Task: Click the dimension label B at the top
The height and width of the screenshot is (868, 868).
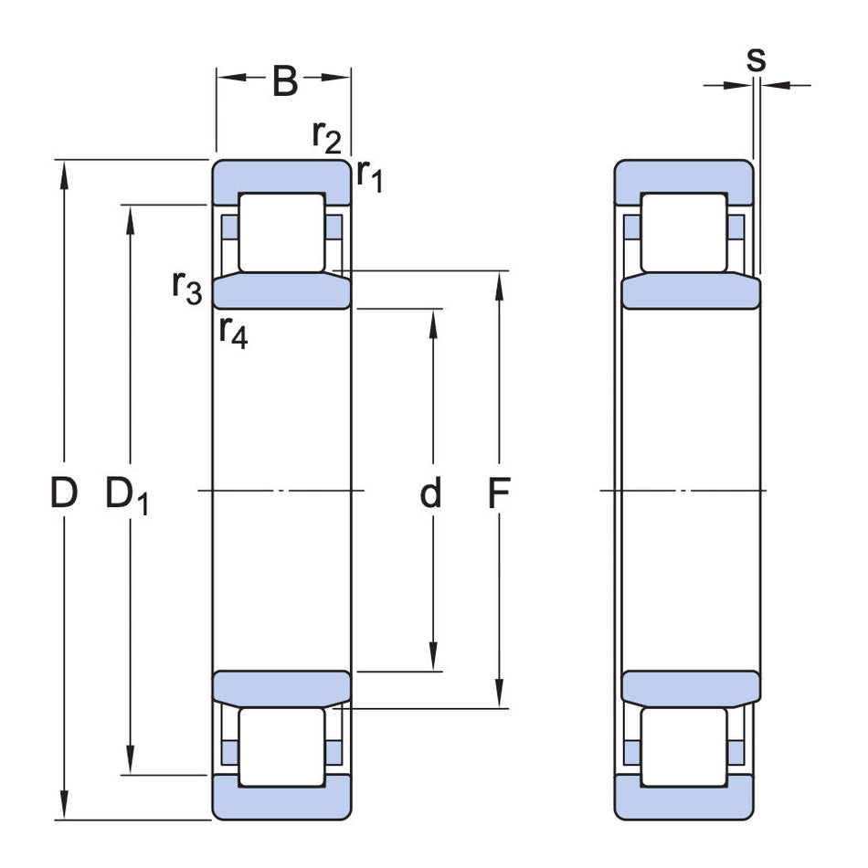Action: click(x=285, y=82)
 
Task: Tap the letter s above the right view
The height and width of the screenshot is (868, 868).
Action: click(x=756, y=59)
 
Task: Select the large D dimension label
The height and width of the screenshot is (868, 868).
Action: click(x=64, y=493)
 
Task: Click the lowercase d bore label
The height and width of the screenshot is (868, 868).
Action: click(x=430, y=493)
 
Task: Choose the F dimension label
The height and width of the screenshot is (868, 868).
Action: click(x=498, y=493)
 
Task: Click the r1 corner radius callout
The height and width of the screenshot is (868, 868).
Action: click(x=369, y=175)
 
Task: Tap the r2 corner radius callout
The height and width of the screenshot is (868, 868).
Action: click(x=326, y=136)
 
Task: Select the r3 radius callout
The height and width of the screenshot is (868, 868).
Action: click(x=186, y=287)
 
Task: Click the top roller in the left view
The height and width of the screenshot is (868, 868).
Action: click(x=281, y=232)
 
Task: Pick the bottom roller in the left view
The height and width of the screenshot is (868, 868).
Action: click(x=281, y=746)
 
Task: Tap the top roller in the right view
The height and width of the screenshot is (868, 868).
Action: click(x=683, y=232)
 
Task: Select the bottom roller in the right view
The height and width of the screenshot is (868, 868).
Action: click(x=683, y=746)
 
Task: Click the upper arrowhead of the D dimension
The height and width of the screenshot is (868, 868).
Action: click(x=64, y=172)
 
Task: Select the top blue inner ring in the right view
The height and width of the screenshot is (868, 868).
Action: click(x=691, y=291)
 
